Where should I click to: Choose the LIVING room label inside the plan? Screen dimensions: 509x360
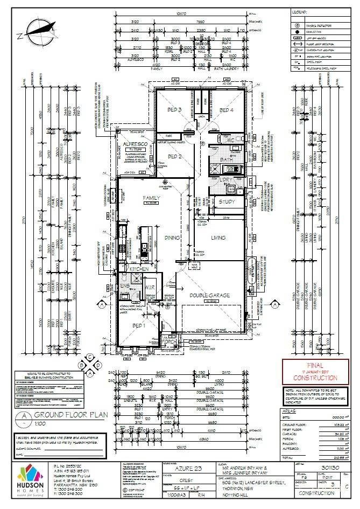(x=217, y=238)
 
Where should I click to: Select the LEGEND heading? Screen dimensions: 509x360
(x=299, y=11)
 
